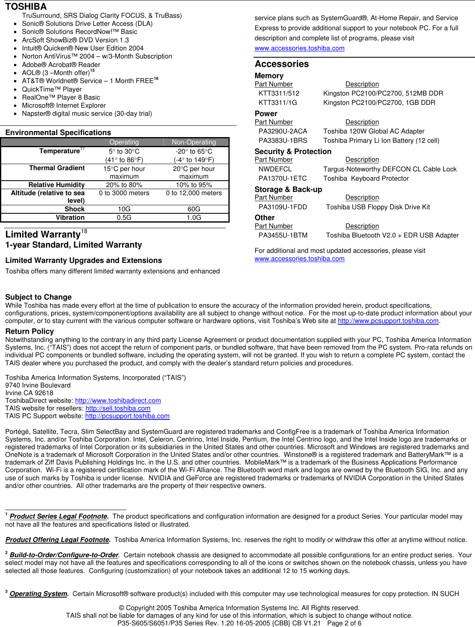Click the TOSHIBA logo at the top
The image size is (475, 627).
pyautogui.click(x=26, y=6)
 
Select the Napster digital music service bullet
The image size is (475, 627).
pyautogui.click(x=87, y=114)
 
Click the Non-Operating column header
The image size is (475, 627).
pyautogui.click(x=194, y=142)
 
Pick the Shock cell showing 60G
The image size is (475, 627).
pyautogui.click(x=194, y=209)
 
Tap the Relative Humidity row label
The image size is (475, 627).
pyautogui.click(x=56, y=185)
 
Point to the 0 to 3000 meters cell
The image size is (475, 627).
pyautogui.click(x=124, y=193)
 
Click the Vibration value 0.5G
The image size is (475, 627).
pyautogui.click(x=124, y=217)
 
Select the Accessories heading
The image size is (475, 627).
pyautogui.click(x=282, y=64)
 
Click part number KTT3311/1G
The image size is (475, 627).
pyautogui.click(x=278, y=102)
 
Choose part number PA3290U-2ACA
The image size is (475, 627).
pyautogui.click(x=282, y=131)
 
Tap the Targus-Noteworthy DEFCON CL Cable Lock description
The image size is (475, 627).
pyautogui.click(x=390, y=169)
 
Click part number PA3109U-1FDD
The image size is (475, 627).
pyautogui.click(x=282, y=207)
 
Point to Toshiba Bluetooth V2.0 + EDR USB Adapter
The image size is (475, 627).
pyautogui.click(x=392, y=235)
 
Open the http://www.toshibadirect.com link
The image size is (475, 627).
pyautogui.click(x=118, y=400)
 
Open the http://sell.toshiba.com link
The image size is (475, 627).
pyautogui.click(x=118, y=408)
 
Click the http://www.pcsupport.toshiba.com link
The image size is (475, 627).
pyautogui.click(x=388, y=321)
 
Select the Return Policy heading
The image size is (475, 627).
pyautogui.click(x=29, y=331)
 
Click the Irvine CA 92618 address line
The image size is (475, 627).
pyautogui.click(x=29, y=393)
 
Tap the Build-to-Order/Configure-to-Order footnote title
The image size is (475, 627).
pyautogui.click(x=64, y=555)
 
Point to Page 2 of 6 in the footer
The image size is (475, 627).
pyautogui.click(x=344, y=623)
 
